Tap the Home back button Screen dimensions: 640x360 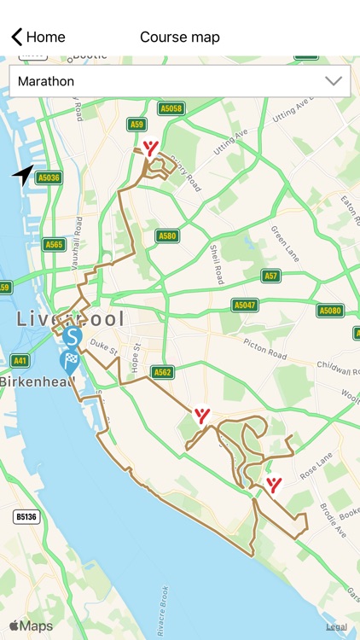coord(38,37)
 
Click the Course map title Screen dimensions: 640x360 coord(180,37)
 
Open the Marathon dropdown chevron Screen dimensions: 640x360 coord(334,82)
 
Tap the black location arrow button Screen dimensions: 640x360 coord(23,175)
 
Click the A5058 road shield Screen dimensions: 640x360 coord(171,108)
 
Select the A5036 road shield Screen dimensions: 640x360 coord(49,177)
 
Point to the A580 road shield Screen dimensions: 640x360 coord(167,236)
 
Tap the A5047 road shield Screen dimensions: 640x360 coord(245,305)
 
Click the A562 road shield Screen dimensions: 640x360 coord(162,372)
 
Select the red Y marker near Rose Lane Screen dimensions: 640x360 coord(274,485)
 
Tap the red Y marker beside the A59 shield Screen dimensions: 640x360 coord(151,148)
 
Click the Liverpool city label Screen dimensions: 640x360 coord(70,319)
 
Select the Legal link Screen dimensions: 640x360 coord(336,627)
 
